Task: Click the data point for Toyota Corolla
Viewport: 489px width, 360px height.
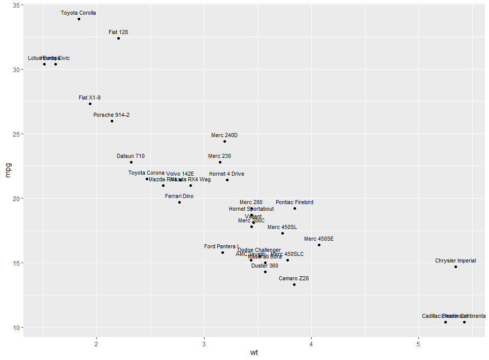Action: pos(79,19)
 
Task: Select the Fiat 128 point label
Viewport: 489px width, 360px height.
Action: pos(118,32)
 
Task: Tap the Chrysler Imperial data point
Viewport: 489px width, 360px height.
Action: pos(455,267)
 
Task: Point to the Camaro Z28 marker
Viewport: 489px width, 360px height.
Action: pos(294,284)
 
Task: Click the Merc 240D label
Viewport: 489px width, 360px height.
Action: pos(224,135)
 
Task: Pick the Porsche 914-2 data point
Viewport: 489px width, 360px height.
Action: pos(112,121)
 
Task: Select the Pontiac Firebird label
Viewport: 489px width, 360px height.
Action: pos(295,202)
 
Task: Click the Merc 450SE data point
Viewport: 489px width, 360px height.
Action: pos(319,245)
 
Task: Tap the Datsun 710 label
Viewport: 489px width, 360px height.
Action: pos(131,156)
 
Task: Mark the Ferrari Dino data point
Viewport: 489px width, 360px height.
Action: pos(179,202)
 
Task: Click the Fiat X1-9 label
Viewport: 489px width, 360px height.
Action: pos(90,97)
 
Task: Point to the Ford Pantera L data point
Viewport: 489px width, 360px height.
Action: pos(222,252)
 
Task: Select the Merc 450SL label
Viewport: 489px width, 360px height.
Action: pos(282,227)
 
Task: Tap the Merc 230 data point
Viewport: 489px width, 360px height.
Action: pos(220,162)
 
